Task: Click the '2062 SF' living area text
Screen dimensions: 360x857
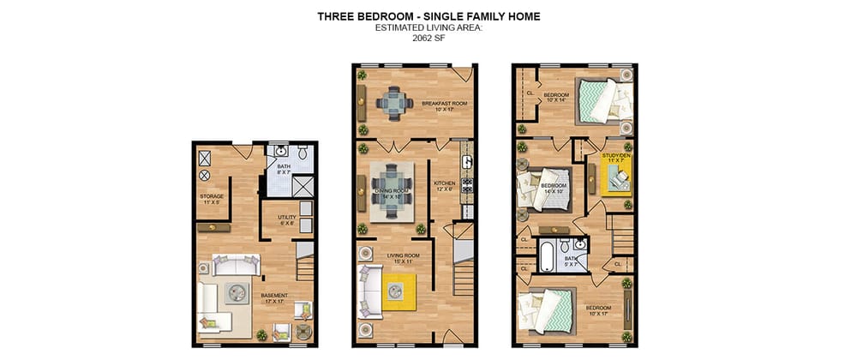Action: tap(428, 39)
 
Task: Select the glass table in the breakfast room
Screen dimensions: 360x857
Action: tap(394, 104)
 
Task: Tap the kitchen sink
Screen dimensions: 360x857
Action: tap(466, 159)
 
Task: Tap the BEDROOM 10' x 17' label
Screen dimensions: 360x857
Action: tap(597, 310)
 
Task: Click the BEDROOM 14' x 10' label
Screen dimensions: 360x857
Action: tap(553, 188)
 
